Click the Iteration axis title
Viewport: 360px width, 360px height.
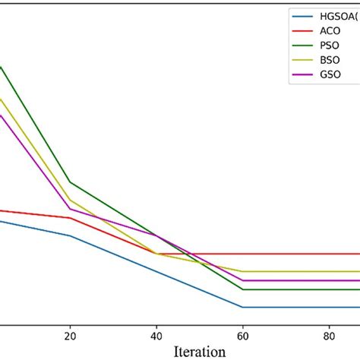[199, 351]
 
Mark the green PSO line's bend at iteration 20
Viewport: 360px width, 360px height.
[70, 182]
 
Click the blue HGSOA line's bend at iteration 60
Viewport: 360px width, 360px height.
[242, 307]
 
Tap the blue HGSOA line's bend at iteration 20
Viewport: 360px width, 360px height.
[70, 235]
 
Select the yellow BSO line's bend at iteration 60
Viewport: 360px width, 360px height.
[242, 271]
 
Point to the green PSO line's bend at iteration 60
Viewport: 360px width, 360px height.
[242, 289]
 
